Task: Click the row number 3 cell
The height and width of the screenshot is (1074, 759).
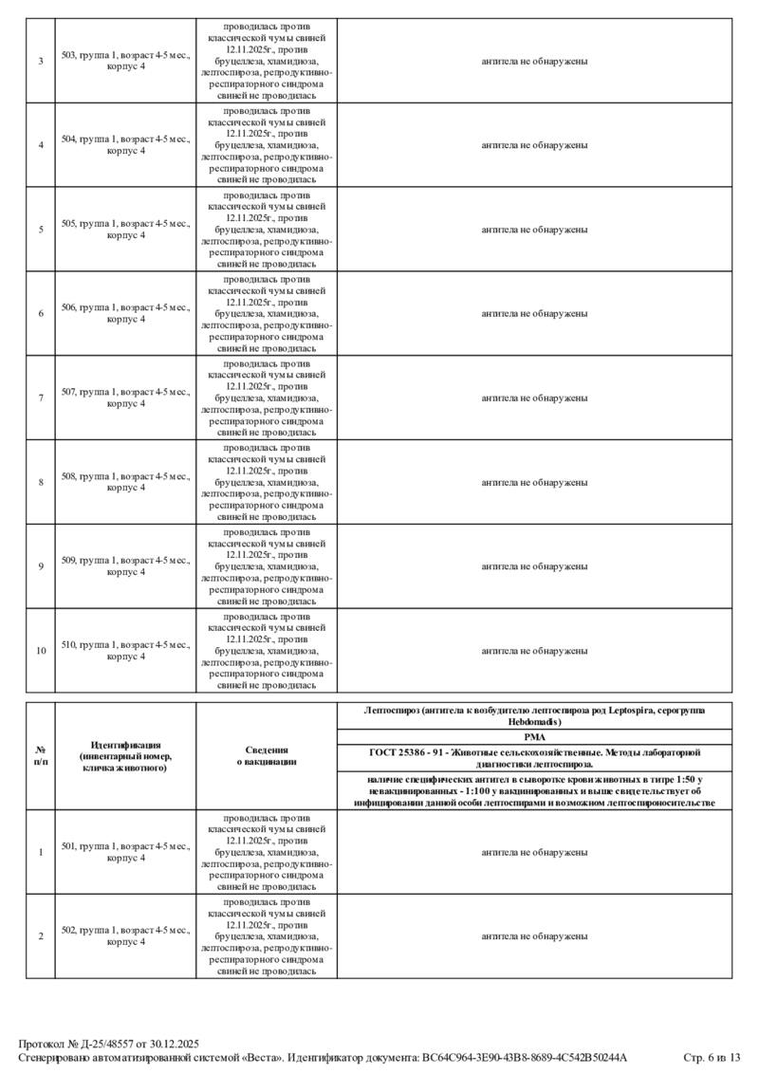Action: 41,61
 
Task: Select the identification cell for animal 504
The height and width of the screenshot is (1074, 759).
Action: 125,144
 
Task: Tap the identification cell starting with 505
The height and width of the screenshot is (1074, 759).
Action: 125,229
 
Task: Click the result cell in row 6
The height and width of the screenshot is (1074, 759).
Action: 534,313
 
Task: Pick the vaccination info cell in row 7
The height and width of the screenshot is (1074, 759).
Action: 267,398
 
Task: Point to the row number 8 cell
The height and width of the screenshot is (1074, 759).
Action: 41,482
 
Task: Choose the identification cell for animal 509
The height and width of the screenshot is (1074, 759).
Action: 125,566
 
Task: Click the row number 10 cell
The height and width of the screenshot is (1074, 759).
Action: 41,651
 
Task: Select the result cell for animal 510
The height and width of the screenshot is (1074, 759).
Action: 534,651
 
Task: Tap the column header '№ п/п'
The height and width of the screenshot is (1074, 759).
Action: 41,755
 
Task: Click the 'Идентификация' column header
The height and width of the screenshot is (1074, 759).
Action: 125,755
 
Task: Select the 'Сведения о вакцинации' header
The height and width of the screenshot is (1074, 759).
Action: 267,755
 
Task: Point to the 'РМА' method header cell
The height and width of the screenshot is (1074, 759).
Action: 534,735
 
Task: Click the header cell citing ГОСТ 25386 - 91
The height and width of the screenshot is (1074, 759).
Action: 534,756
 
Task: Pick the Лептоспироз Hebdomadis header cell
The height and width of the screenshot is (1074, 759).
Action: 534,715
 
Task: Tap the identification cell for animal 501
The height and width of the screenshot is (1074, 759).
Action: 125,852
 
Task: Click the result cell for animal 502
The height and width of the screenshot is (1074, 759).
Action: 534,936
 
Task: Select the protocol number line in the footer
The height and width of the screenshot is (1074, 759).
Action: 109,1044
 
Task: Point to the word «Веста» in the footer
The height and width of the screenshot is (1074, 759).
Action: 259,1057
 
